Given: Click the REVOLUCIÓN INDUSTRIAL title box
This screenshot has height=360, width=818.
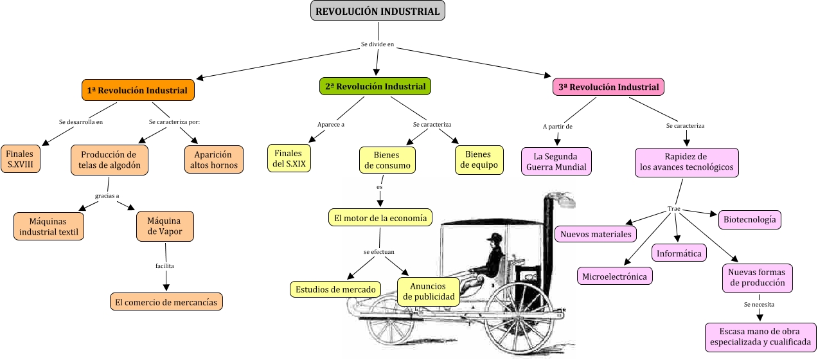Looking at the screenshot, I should pos(378,11).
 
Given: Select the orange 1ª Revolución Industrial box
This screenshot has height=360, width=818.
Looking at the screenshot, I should pos(138,91).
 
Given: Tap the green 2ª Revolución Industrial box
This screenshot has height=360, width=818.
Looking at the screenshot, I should pos(375,86).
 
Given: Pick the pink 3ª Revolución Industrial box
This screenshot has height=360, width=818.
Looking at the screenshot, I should pos(609,87).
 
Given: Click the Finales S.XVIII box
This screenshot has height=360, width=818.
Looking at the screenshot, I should pos(21,159).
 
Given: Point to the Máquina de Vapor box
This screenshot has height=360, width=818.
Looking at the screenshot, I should pos(164,226).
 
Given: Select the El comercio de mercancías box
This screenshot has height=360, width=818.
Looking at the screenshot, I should pos(166,301).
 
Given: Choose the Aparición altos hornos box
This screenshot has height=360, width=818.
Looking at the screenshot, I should pos(214,159).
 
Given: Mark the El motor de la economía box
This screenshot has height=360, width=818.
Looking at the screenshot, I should pos(380,218).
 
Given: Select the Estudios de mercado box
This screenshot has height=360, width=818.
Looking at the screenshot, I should pos(335,289).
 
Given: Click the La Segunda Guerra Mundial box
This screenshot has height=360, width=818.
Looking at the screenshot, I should pos(556,161).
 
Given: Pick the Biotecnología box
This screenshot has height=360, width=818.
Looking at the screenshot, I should pos(750,219).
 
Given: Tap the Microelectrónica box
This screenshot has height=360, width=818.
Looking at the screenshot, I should pos(614,276).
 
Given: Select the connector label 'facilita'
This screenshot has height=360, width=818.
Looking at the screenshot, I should pos(164,265).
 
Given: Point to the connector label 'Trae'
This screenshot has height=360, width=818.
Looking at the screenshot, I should pos(673,209).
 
